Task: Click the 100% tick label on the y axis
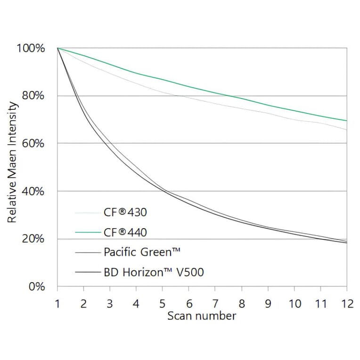pyautogui.click(x=31, y=48)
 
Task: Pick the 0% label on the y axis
pyautogui.click(x=36, y=286)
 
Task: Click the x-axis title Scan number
pyautogui.click(x=202, y=316)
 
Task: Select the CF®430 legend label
pyautogui.click(x=125, y=213)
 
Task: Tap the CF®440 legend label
pyautogui.click(x=125, y=232)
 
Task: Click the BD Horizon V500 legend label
pyautogui.click(x=154, y=272)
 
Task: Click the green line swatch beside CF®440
pyautogui.click(x=88, y=232)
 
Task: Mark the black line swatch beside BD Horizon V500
pyautogui.click(x=88, y=272)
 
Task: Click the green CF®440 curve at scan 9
pyautogui.click(x=268, y=106)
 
